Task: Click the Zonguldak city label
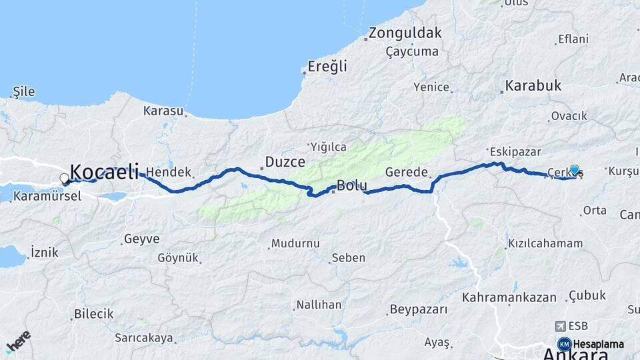[x=405, y=33]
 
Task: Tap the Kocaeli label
[x=104, y=171]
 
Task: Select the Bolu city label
[x=351, y=185]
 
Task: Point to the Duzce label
[x=285, y=161]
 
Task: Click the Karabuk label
[x=533, y=85]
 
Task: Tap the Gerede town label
[x=406, y=172]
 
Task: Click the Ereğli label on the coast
[x=327, y=66]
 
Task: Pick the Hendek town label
[x=164, y=171]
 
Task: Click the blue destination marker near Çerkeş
[x=575, y=169]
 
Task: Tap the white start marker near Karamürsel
[x=64, y=178]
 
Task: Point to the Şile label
[x=24, y=93]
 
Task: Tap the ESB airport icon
[x=560, y=326]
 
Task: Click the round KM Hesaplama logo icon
[x=564, y=344]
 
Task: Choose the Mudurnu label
[x=295, y=243]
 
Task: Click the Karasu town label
[x=163, y=111]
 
